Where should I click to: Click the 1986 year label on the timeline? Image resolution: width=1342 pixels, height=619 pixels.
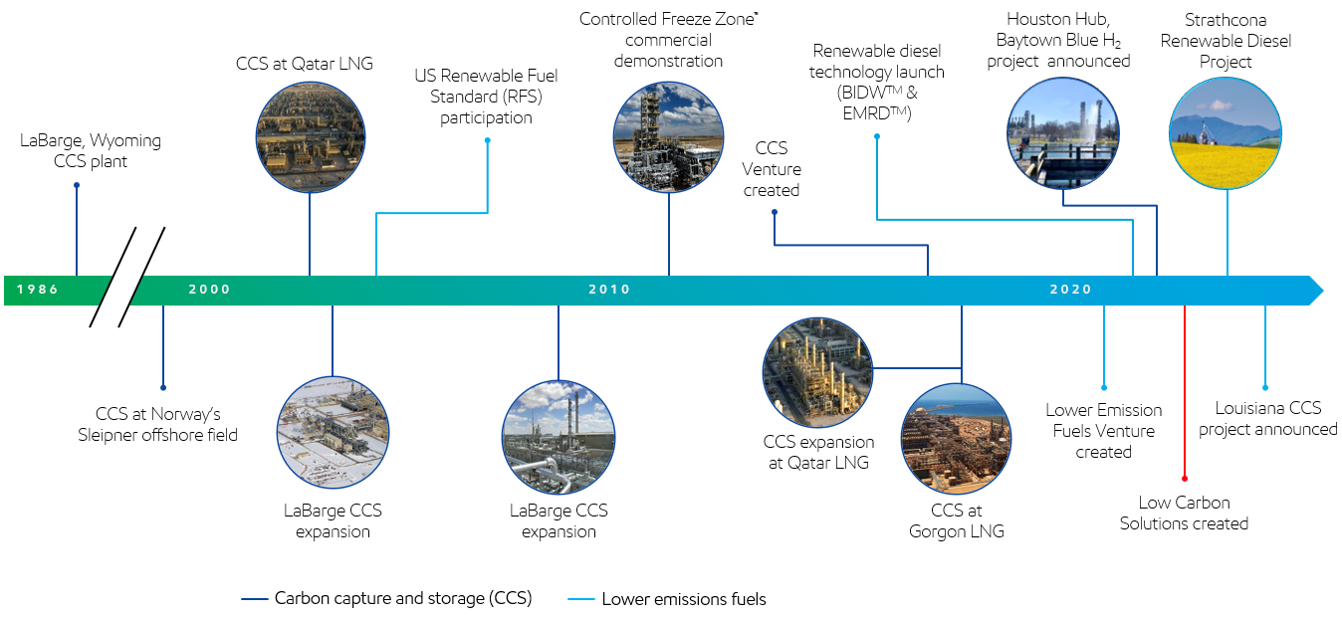(37, 290)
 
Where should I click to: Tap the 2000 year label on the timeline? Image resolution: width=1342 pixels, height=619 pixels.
(209, 290)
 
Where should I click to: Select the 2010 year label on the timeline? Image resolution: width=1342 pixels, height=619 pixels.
(609, 290)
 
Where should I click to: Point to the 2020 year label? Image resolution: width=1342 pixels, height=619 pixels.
(1070, 290)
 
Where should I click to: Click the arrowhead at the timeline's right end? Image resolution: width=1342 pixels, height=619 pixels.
(1313, 291)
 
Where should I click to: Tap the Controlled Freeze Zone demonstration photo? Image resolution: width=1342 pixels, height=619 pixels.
(668, 136)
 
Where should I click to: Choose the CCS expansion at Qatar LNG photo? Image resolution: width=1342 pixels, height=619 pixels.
(817, 372)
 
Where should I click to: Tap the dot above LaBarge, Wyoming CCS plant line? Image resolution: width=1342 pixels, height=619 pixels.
(77, 184)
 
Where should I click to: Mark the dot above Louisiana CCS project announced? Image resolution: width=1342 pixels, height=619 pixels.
(1265, 387)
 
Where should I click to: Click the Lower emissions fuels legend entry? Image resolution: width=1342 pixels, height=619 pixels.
(669, 599)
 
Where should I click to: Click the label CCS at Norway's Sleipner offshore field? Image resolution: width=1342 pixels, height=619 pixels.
(157, 424)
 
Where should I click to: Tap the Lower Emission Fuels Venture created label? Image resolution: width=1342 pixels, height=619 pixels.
(1103, 431)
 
